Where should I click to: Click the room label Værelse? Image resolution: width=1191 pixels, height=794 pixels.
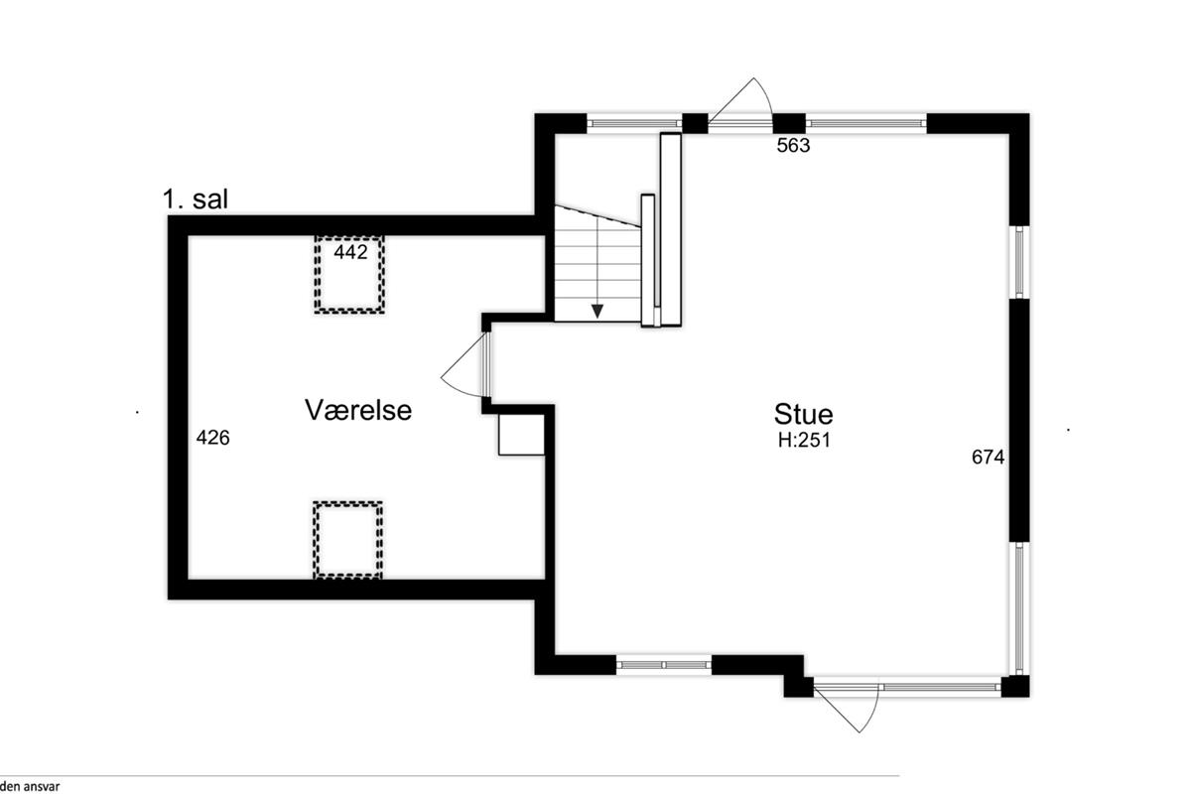[358, 411]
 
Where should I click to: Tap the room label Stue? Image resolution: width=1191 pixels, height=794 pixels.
[803, 414]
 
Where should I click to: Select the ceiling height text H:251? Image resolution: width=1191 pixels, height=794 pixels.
[804, 441]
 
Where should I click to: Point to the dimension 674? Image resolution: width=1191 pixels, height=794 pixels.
[988, 457]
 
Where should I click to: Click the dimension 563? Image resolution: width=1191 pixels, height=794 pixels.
[793, 145]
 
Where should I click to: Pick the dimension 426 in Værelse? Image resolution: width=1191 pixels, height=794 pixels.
[213, 438]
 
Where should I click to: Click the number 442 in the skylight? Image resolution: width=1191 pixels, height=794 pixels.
[350, 252]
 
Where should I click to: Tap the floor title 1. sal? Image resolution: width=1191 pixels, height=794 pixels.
[196, 199]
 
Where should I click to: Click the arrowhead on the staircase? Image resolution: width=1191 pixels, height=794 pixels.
[597, 312]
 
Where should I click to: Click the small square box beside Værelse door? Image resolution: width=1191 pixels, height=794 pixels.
[521, 435]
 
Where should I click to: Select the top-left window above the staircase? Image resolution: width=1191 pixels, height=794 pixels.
[634, 123]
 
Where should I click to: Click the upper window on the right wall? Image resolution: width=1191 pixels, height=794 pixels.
[1019, 262]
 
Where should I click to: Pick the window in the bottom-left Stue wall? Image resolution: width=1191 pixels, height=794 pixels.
[664, 665]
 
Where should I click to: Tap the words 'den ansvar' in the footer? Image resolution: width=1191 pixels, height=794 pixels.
[30, 786]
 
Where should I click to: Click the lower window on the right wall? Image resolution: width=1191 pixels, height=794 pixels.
[1019, 608]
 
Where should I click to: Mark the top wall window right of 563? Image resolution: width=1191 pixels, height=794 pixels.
[866, 123]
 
